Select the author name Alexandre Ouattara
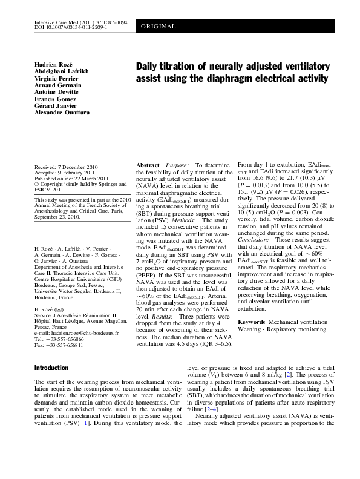click(62, 113)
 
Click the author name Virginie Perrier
click(56, 78)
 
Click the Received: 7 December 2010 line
click(67, 167)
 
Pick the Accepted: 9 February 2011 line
click(64, 173)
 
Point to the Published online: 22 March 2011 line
click(72, 179)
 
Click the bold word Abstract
click(148, 165)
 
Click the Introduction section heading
click(51, 367)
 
